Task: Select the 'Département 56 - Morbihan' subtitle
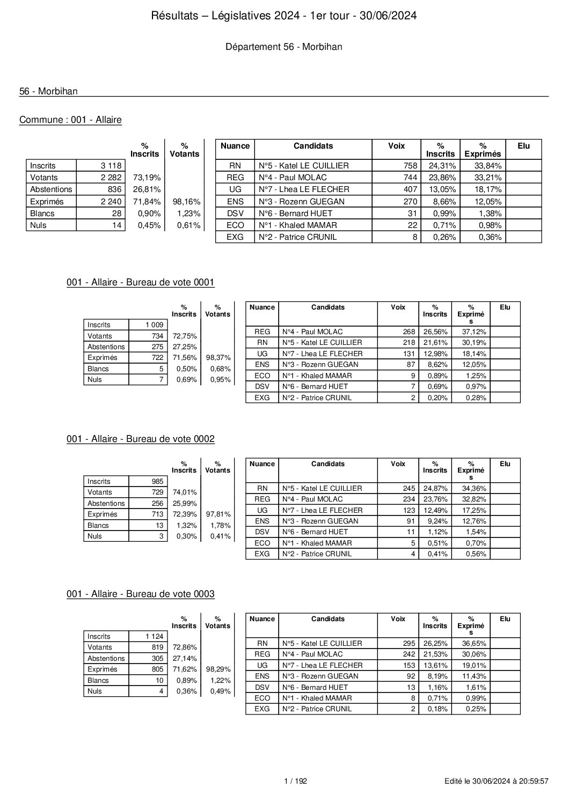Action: (283, 47)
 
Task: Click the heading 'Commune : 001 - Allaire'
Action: (70, 120)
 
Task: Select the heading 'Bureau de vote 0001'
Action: (141, 283)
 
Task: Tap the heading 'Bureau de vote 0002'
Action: (141, 439)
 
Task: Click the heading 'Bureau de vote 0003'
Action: (141, 594)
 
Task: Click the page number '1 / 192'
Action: (295, 782)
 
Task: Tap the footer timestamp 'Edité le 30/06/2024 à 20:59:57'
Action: (497, 782)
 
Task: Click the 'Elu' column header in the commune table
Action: (523, 146)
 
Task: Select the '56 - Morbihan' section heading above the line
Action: (48, 91)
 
